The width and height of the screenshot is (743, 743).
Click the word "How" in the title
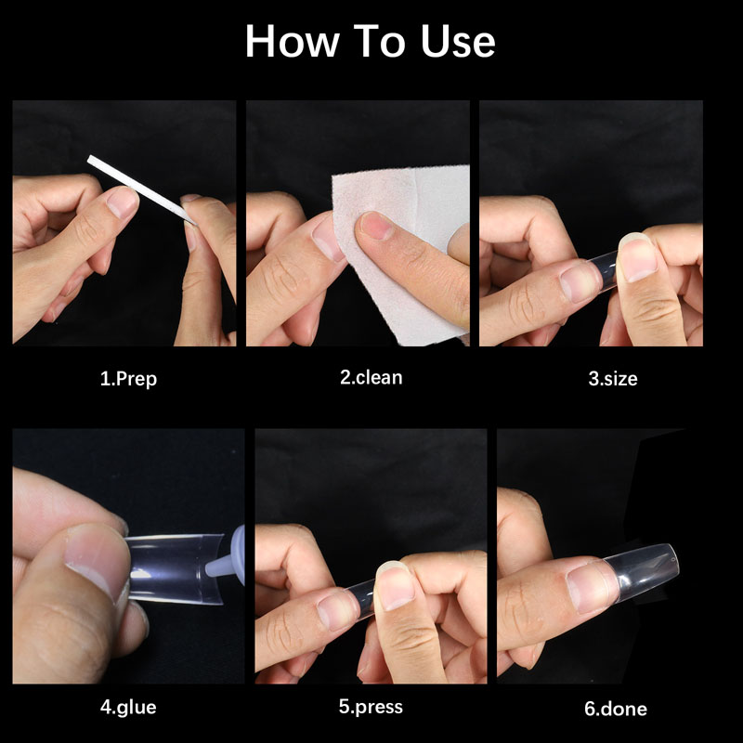(x=292, y=42)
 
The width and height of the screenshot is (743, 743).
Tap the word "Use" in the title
(x=458, y=42)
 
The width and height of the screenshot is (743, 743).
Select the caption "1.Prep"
(x=128, y=379)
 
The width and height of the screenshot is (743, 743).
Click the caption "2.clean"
(x=371, y=378)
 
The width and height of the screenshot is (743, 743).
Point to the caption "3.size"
(x=613, y=379)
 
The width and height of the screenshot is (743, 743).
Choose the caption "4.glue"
(x=128, y=708)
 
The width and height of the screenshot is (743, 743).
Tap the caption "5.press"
(x=371, y=707)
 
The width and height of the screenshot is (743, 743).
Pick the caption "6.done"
(x=616, y=709)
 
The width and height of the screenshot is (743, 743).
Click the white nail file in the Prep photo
(x=142, y=189)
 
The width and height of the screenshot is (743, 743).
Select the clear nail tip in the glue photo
(x=175, y=568)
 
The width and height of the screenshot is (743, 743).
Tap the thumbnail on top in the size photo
(x=637, y=257)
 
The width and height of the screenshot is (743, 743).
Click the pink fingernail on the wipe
(x=376, y=225)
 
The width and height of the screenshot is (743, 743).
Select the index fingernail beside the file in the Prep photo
(x=123, y=202)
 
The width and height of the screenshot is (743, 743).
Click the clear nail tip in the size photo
(x=604, y=270)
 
